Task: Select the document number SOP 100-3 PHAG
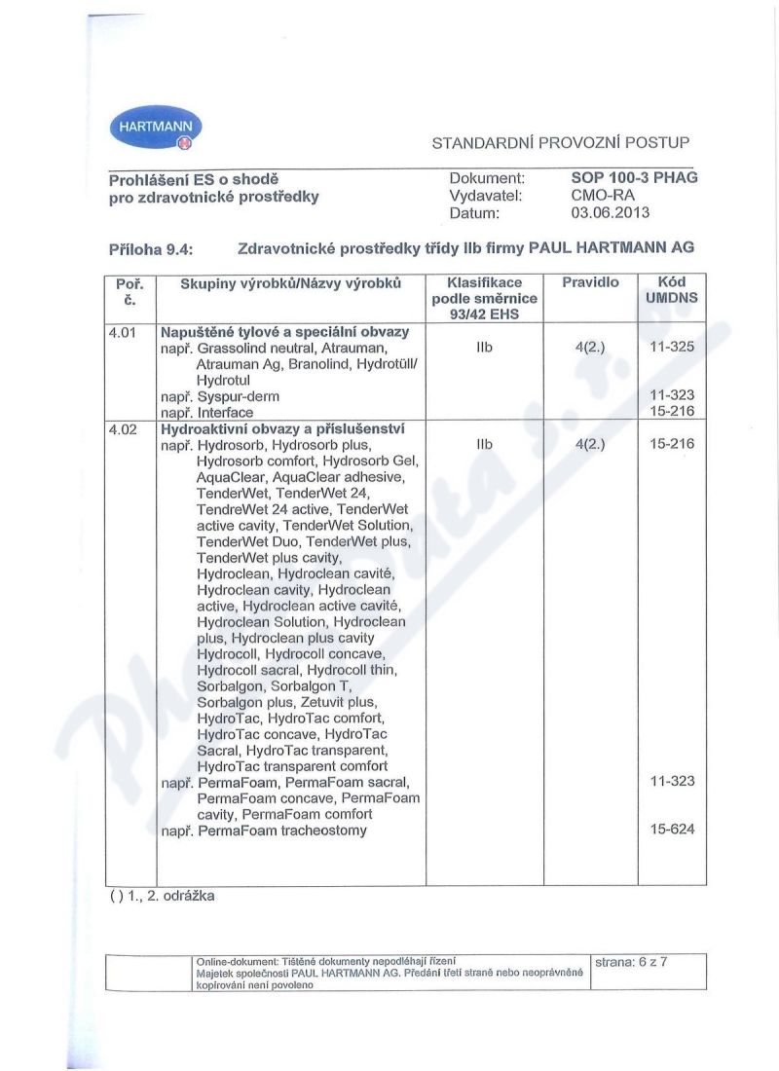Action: tap(634, 178)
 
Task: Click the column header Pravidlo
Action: tap(590, 282)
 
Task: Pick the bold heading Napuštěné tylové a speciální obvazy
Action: tap(284, 332)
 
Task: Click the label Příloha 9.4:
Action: tap(150, 249)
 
